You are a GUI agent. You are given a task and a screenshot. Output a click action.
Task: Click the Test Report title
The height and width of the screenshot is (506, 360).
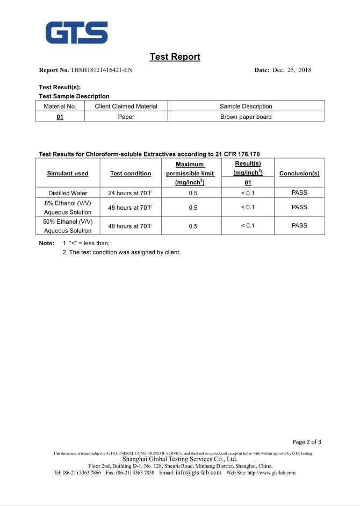click(x=175, y=56)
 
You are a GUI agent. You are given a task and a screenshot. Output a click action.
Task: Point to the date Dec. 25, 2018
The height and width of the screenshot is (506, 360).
click(x=292, y=70)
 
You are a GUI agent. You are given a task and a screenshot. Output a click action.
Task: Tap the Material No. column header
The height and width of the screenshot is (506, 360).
click(x=60, y=106)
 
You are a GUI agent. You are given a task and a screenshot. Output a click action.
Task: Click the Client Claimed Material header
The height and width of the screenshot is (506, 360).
click(x=126, y=106)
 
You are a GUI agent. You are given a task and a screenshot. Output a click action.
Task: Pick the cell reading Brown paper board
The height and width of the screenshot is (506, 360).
click(x=246, y=117)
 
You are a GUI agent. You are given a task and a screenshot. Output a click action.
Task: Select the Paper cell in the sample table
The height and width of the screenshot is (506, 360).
click(x=126, y=117)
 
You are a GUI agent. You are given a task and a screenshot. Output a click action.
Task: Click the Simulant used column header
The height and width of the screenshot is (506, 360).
click(x=68, y=173)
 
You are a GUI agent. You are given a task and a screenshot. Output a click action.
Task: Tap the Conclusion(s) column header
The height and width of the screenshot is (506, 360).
click(x=299, y=173)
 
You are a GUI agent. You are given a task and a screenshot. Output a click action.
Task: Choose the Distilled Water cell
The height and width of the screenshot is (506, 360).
click(x=68, y=193)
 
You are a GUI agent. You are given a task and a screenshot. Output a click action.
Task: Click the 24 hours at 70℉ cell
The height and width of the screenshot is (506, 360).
click(x=131, y=193)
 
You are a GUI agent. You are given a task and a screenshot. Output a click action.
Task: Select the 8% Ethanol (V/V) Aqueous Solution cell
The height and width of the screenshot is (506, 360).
click(x=68, y=208)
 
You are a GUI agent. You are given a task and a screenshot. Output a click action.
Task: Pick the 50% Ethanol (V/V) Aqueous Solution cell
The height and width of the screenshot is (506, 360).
click(x=68, y=226)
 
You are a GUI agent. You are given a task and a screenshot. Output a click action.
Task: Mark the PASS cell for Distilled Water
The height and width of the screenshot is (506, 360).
click(x=299, y=193)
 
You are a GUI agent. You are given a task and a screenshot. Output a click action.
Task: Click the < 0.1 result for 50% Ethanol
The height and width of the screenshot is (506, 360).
click(x=248, y=225)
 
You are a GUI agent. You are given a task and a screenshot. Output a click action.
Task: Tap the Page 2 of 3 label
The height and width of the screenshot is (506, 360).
click(x=307, y=442)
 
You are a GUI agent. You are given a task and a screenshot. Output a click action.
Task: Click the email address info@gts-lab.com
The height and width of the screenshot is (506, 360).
click(x=198, y=473)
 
